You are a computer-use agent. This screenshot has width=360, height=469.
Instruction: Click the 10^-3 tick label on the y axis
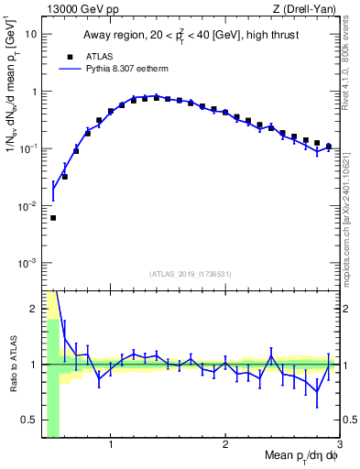[27, 263]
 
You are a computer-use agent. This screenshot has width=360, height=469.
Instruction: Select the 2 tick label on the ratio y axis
[34, 309]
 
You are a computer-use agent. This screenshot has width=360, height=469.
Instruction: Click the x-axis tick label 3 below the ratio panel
[339, 445]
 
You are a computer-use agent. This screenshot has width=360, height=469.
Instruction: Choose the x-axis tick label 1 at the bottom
[111, 445]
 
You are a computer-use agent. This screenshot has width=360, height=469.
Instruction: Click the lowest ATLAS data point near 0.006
[53, 218]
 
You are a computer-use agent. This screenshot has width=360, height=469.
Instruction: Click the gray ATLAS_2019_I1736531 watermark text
[191, 274]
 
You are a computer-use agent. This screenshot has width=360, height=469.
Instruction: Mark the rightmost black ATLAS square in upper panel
[328, 146]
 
